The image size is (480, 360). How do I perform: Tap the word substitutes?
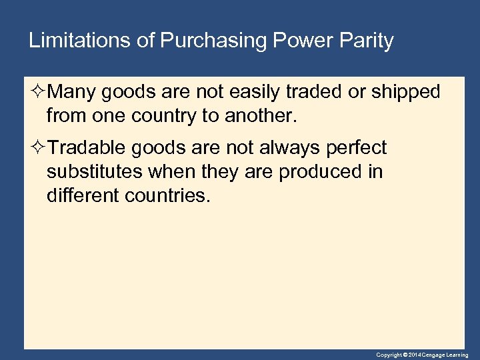coord(94,172)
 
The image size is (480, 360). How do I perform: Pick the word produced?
coord(321,172)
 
